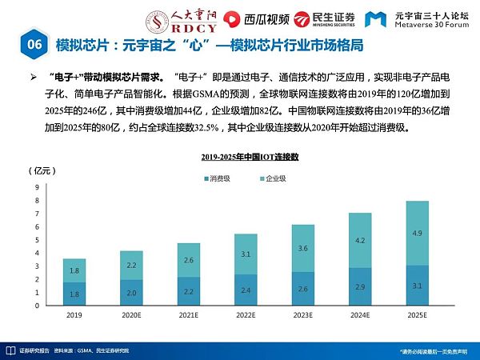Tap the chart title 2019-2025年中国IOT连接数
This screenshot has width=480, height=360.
click(x=249, y=158)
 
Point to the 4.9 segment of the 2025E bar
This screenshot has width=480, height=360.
click(x=416, y=234)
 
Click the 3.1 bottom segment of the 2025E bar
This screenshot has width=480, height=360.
click(x=416, y=286)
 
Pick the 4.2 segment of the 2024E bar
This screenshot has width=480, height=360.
click(x=360, y=240)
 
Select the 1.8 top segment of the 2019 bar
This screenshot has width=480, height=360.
click(x=74, y=270)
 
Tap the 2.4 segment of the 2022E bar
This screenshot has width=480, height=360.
click(x=246, y=290)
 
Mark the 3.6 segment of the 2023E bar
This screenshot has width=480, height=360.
click(x=302, y=249)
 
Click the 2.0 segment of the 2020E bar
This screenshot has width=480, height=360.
click(x=131, y=293)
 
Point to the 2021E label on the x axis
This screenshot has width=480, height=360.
click(x=189, y=315)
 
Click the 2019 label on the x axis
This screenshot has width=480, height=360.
click(x=74, y=315)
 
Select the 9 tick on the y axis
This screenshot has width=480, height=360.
click(x=37, y=187)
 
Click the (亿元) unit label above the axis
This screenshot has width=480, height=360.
click(x=40, y=171)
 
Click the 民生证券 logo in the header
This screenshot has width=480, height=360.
click(x=323, y=18)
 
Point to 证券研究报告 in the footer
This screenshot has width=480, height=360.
click(x=34, y=350)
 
